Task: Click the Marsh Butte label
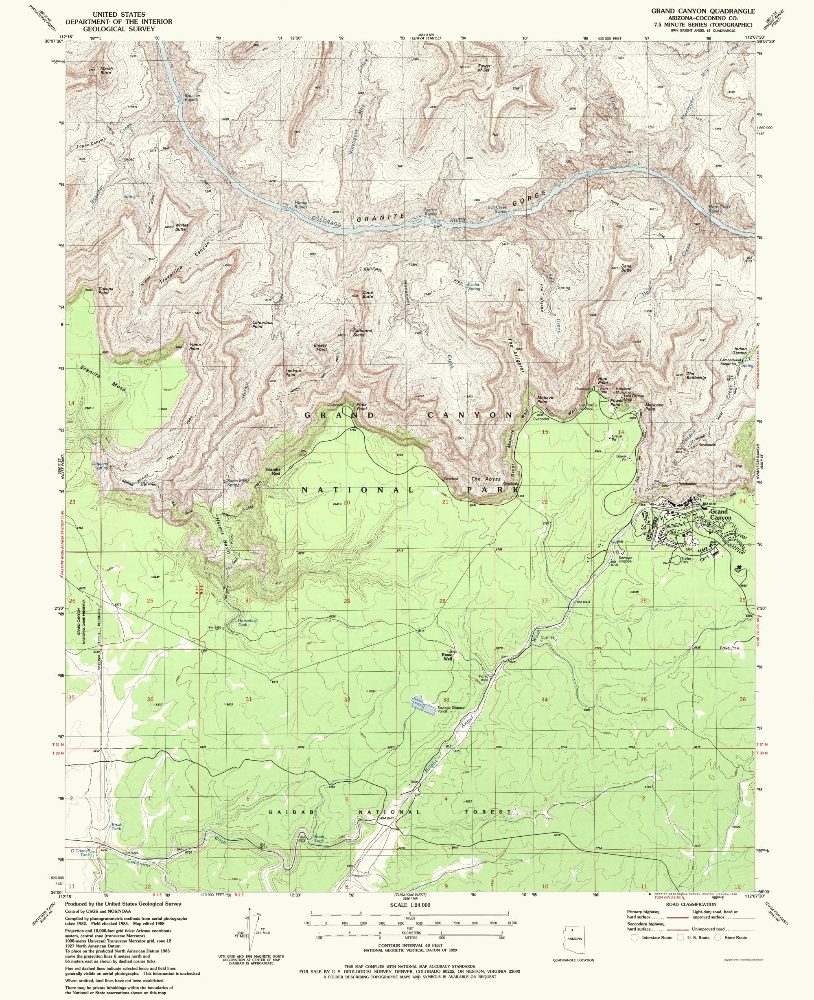click(x=106, y=70)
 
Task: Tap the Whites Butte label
click(x=182, y=227)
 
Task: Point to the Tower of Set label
click(x=484, y=68)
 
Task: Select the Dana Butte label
click(x=626, y=268)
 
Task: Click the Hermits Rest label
click(x=272, y=471)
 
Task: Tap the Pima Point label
click(x=361, y=407)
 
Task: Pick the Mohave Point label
click(x=542, y=399)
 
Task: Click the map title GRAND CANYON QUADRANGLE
click(x=702, y=11)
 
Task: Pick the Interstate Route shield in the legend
click(x=635, y=937)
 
